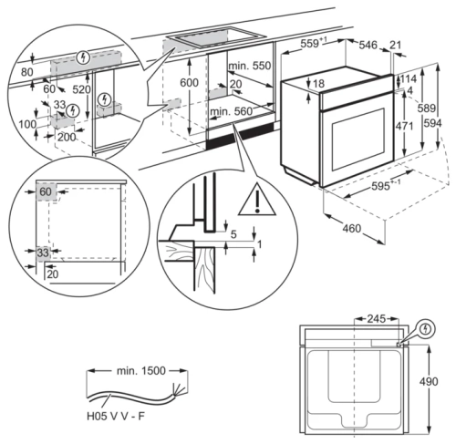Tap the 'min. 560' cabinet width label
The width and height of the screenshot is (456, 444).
229,111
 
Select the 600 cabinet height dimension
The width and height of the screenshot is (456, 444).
188,82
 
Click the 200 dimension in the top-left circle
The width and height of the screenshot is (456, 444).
65,136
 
